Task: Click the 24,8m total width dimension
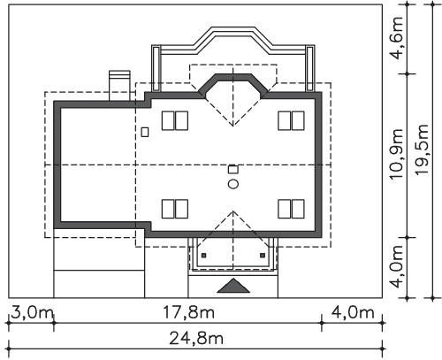pyautogui.click(x=196, y=339)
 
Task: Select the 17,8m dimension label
pyautogui.click(x=188, y=312)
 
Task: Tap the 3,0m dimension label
pyautogui.click(x=32, y=312)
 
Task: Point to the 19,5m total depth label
pyautogui.click(x=422, y=149)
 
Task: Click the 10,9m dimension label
pyautogui.click(x=396, y=154)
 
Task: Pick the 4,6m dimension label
pyautogui.click(x=396, y=38)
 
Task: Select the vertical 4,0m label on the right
pyautogui.click(x=396, y=266)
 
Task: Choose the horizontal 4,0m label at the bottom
pyautogui.click(x=353, y=312)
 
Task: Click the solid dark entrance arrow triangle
pyautogui.click(x=233, y=286)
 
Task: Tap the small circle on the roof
pyautogui.click(x=233, y=184)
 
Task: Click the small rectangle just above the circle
pyautogui.click(x=233, y=170)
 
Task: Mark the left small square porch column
pyautogui.click(x=203, y=256)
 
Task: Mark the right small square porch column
pyautogui.click(x=263, y=256)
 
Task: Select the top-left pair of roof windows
pyautogui.click(x=175, y=120)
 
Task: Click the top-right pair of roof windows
pyautogui.click(x=291, y=120)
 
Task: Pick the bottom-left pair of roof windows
pyautogui.click(x=175, y=209)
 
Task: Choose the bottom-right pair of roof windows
pyautogui.click(x=291, y=209)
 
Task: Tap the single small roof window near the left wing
pyautogui.click(x=145, y=132)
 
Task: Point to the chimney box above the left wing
pyautogui.click(x=119, y=86)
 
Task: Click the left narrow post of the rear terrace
pyautogui.click(x=156, y=68)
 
